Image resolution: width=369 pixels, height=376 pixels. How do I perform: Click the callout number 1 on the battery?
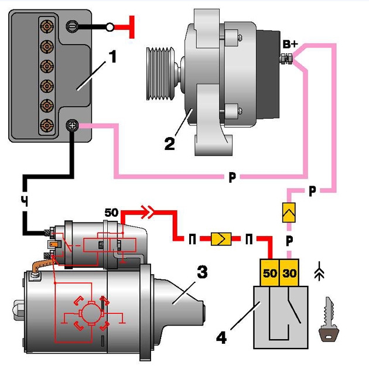coord(112,57)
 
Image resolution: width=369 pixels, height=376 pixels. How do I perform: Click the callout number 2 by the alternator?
coord(169,142)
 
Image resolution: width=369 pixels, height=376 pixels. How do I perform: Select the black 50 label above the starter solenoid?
coord(111,211)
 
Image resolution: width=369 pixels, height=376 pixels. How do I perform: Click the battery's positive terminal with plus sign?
coord(73,125)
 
